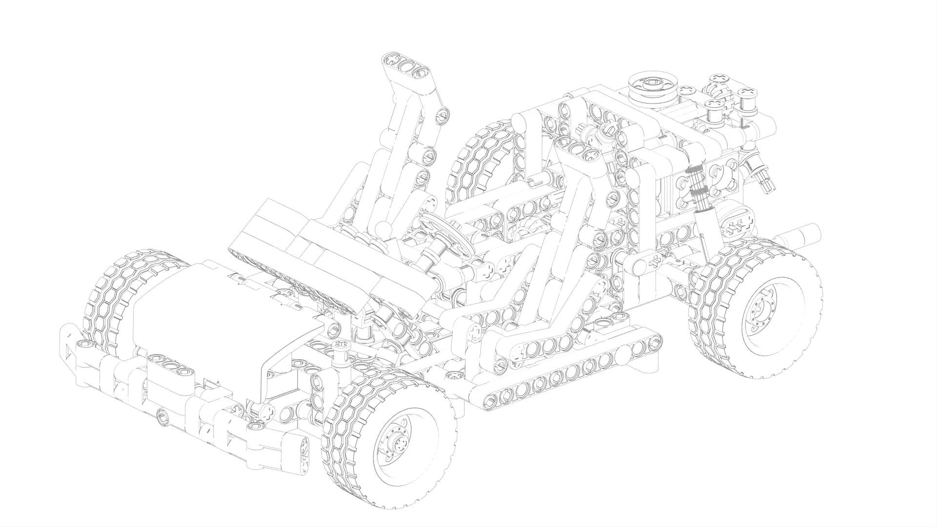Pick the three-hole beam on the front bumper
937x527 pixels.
tap(171, 366)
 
